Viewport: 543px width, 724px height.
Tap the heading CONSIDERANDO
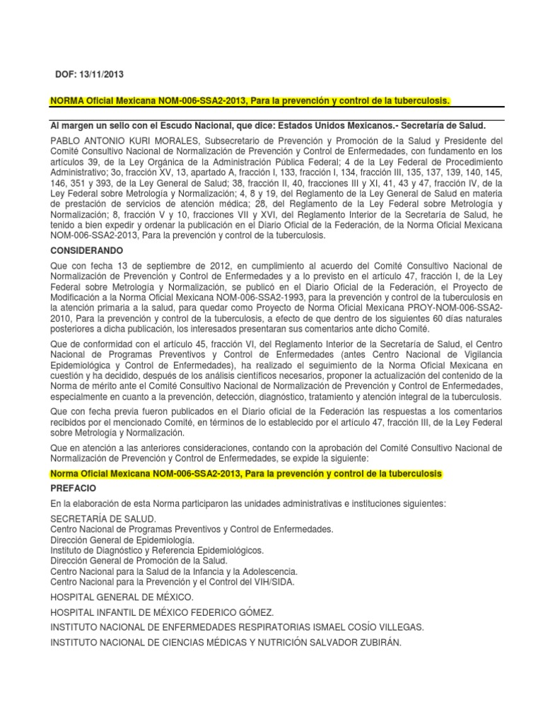click(86, 251)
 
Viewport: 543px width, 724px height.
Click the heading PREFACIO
click(74, 488)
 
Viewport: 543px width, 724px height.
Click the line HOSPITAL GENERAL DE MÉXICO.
click(122, 597)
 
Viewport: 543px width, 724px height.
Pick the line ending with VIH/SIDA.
click(173, 581)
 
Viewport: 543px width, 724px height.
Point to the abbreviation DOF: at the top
click(69, 75)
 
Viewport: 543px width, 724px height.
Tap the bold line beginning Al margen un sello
click(268, 124)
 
